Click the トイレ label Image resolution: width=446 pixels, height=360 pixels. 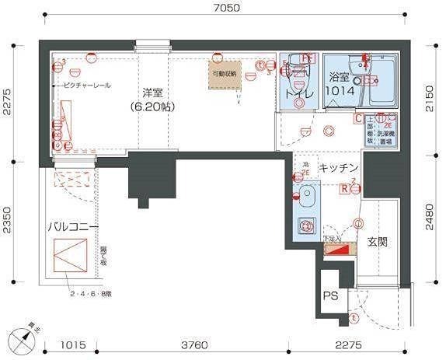tap(299, 94)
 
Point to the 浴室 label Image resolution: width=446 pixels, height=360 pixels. tap(340, 78)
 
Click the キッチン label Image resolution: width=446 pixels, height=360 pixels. tap(339, 168)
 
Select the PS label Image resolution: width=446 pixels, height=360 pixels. tap(330, 295)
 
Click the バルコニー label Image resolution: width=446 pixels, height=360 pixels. tap(72, 227)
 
